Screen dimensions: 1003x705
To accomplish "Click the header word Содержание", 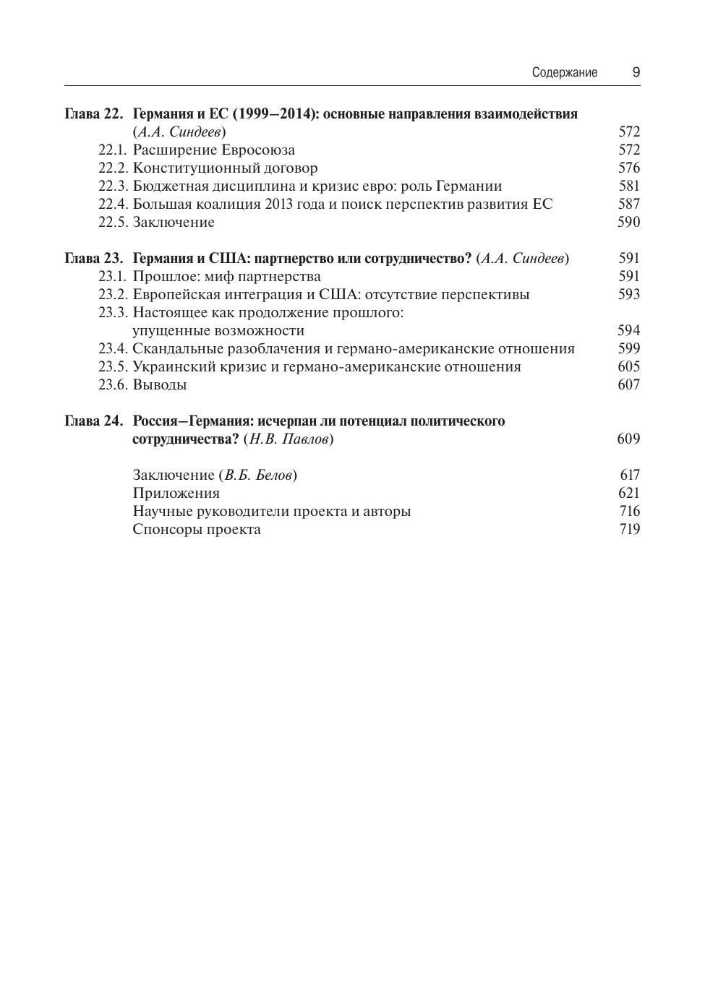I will (564, 72).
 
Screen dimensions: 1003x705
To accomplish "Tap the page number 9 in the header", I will (636, 72).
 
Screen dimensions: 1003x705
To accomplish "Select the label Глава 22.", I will (94, 114).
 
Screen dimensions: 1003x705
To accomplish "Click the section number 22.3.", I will (113, 186).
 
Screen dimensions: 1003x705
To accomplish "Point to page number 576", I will (629, 168).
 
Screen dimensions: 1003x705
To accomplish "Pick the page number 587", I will (629, 205).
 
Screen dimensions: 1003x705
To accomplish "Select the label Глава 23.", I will (94, 259).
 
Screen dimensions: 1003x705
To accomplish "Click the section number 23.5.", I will (113, 367).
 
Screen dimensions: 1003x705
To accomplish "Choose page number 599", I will (629, 349).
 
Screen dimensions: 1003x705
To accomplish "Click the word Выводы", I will (160, 385).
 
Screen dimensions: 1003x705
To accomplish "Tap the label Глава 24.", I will (94, 421).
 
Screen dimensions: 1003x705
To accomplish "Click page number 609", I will (629, 439).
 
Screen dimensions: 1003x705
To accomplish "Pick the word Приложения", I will (176, 494).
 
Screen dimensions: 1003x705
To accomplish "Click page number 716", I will (629, 512).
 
